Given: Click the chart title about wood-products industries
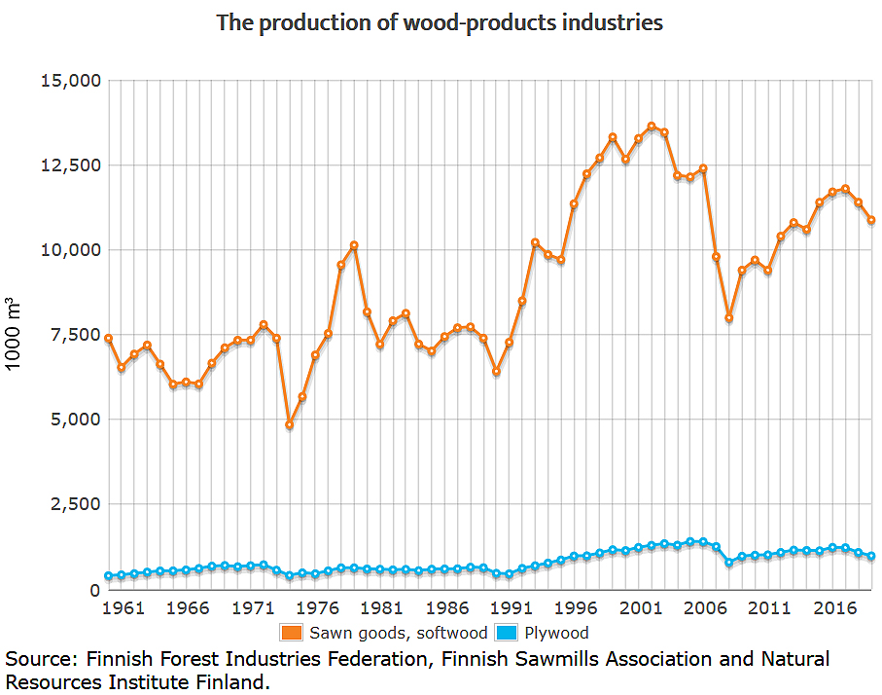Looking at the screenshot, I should coord(440,22).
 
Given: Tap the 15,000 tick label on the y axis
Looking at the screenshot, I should coord(69,80).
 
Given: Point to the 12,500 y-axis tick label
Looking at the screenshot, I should coord(69,165).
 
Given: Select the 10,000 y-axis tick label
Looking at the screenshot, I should coord(69,249).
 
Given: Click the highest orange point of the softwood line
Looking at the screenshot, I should coord(652,127).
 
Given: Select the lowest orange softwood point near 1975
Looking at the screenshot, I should coord(290,425).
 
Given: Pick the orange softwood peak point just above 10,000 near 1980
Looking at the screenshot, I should coord(354,245).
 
